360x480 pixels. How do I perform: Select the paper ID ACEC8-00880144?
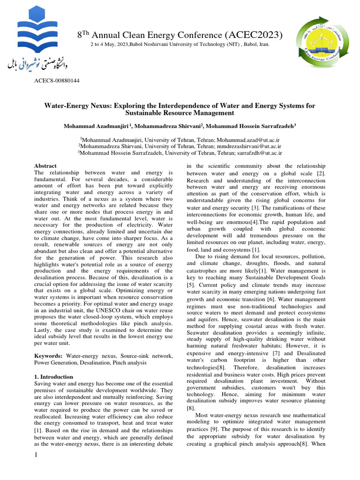57,81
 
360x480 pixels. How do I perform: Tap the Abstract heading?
45,166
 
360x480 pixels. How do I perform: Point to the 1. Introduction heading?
54,377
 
